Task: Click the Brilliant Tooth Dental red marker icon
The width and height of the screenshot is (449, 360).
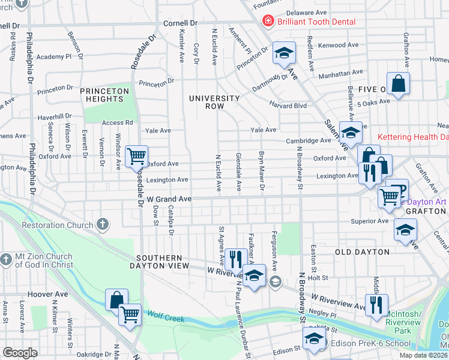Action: click(266, 22)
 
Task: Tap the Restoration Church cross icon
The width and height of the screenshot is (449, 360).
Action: click(103, 226)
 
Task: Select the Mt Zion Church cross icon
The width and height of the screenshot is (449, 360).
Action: click(6, 260)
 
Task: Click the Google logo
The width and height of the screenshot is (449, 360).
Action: click(20, 353)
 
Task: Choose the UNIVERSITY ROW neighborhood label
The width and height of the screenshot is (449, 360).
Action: click(214, 102)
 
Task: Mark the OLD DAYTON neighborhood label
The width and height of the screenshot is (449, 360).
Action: click(358, 252)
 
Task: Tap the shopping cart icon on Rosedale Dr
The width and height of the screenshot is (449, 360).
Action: click(137, 157)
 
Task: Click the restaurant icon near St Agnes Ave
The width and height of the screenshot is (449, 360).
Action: click(235, 259)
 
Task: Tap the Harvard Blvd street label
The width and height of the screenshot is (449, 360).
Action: click(288, 106)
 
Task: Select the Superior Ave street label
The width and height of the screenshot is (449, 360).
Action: click(369, 221)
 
